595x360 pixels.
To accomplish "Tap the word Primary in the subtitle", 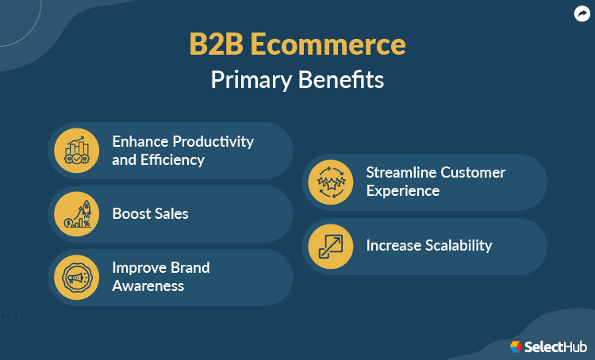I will (x=251, y=80).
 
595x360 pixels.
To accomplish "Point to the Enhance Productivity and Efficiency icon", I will (x=77, y=150).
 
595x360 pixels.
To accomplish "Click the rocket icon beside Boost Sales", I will (x=77, y=213).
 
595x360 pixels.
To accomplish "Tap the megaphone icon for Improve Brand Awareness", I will (x=77, y=277).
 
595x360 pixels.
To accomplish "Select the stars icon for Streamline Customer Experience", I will (x=331, y=182).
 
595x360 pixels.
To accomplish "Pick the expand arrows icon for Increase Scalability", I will (x=331, y=245).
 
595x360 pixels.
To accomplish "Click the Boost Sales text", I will (x=150, y=213).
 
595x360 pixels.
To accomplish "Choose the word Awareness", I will (x=148, y=285).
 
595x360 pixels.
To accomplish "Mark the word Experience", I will (x=402, y=191).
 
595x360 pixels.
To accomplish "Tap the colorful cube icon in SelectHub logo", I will (x=516, y=347).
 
